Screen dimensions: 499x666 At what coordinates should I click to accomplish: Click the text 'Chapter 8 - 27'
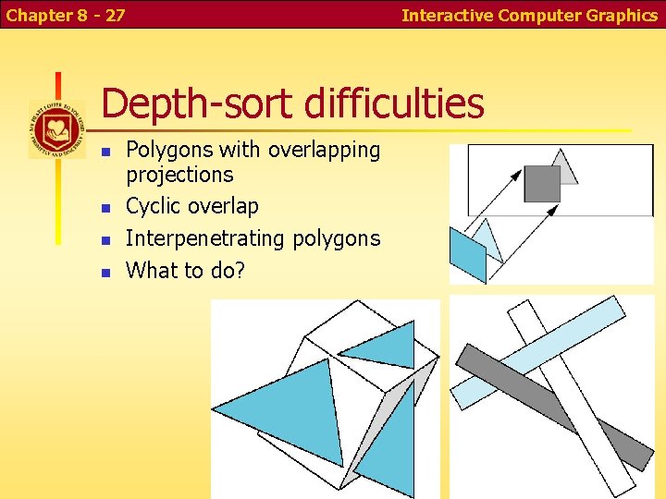[x=65, y=15]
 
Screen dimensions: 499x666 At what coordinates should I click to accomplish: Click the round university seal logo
[x=56, y=129]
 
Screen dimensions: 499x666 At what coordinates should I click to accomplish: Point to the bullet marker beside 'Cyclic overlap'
[x=106, y=207]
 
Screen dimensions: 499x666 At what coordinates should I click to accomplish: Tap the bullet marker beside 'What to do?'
[x=106, y=272]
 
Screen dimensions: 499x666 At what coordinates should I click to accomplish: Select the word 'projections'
[x=179, y=175]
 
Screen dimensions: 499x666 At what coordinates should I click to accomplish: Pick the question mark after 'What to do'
[x=240, y=271]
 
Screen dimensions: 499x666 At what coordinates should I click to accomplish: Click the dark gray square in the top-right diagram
[x=542, y=183]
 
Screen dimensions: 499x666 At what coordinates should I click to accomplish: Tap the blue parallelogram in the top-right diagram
[x=468, y=255]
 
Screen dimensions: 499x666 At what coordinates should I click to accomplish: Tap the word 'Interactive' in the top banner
[x=448, y=15]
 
